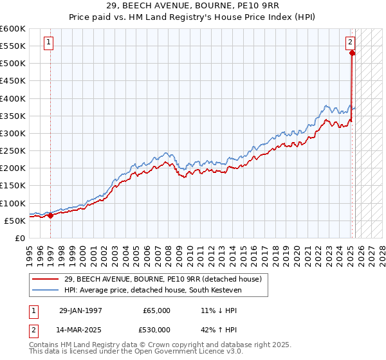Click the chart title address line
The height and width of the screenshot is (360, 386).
[192, 7]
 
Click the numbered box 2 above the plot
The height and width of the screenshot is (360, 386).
[351, 43]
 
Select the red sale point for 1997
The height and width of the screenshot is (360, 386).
[51, 215]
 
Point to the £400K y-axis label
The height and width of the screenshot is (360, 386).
[13, 98]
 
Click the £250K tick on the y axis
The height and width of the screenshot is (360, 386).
[13, 150]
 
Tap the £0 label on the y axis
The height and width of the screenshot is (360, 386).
[19, 238]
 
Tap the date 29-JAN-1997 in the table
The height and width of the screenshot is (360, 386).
[80, 310]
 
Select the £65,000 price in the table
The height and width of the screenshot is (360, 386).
[156, 310]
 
